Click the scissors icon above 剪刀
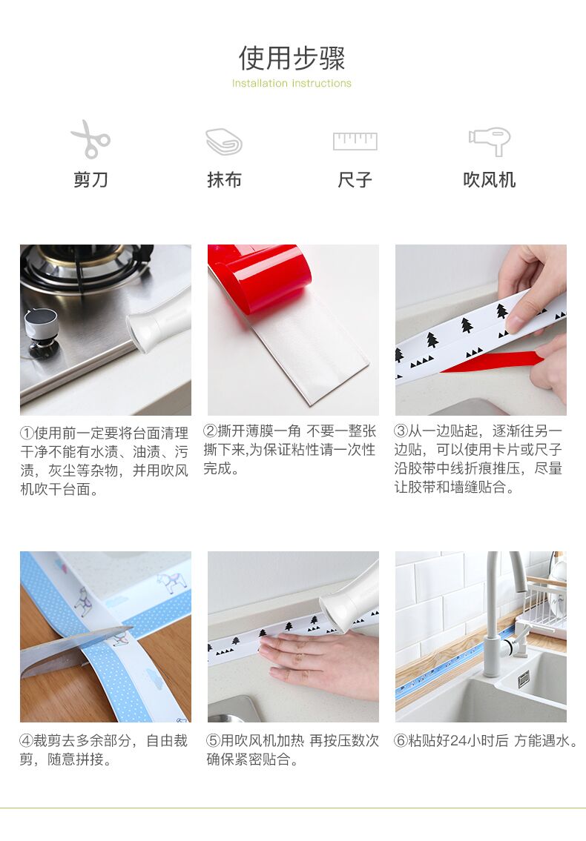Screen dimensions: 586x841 point(90,139)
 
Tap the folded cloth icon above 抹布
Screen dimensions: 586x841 point(224,141)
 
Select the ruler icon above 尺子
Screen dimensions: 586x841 point(355,141)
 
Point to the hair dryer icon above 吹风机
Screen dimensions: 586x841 point(489,141)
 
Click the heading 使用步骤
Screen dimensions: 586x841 point(292,58)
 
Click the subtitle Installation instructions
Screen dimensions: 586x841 point(292,83)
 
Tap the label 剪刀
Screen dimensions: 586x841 point(90,179)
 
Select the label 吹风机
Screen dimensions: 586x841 point(490,179)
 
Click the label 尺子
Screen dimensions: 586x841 point(355,179)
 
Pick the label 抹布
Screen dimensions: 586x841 point(225,179)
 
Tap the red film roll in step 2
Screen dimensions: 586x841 point(260,276)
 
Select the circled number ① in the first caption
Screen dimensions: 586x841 point(27,433)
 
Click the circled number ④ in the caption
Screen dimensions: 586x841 point(27,741)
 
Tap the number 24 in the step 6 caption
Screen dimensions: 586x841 point(458,741)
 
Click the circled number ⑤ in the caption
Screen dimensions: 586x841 point(213,741)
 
